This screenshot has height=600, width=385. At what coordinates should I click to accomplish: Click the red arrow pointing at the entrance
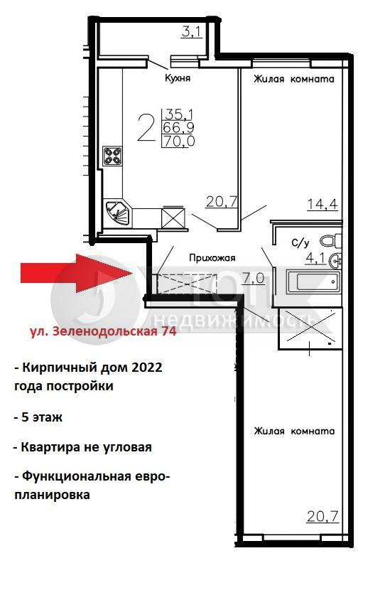pyautogui.click(x=77, y=273)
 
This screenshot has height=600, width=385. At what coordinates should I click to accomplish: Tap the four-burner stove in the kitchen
pyautogui.click(x=112, y=156)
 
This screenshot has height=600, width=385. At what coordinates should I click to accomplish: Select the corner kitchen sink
pyautogui.click(x=118, y=213)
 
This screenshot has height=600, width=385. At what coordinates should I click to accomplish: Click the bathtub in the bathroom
pyautogui.click(x=313, y=282)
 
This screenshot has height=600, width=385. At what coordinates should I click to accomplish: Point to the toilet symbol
pyautogui.click(x=330, y=241)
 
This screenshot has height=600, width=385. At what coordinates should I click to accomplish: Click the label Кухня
pyautogui.click(x=178, y=78)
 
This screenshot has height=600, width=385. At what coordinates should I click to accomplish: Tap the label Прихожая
pyautogui.click(x=212, y=258)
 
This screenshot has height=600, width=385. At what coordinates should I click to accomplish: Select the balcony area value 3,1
pyautogui.click(x=191, y=32)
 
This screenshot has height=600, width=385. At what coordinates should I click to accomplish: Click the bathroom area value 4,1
pyautogui.click(x=315, y=259)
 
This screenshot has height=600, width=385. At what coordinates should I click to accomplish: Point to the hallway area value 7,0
pyautogui.click(x=254, y=278)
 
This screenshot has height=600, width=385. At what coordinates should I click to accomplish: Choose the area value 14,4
pyautogui.click(x=322, y=204)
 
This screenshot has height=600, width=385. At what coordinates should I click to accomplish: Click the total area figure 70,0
pyautogui.click(x=179, y=141)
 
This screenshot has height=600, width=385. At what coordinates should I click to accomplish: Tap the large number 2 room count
pyautogui.click(x=146, y=129)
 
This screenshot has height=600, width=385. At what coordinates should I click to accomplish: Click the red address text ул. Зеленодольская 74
pyautogui.click(x=103, y=331)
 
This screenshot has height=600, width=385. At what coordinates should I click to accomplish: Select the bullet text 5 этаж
pyautogui.click(x=38, y=417)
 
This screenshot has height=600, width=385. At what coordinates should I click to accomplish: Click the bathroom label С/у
pyautogui.click(x=300, y=242)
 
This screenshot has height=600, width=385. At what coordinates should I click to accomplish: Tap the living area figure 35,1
pyautogui.click(x=179, y=114)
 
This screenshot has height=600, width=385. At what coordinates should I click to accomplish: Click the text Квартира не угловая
pyautogui.click(x=83, y=447)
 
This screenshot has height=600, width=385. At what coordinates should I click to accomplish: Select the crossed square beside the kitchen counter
pyautogui.click(x=173, y=218)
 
